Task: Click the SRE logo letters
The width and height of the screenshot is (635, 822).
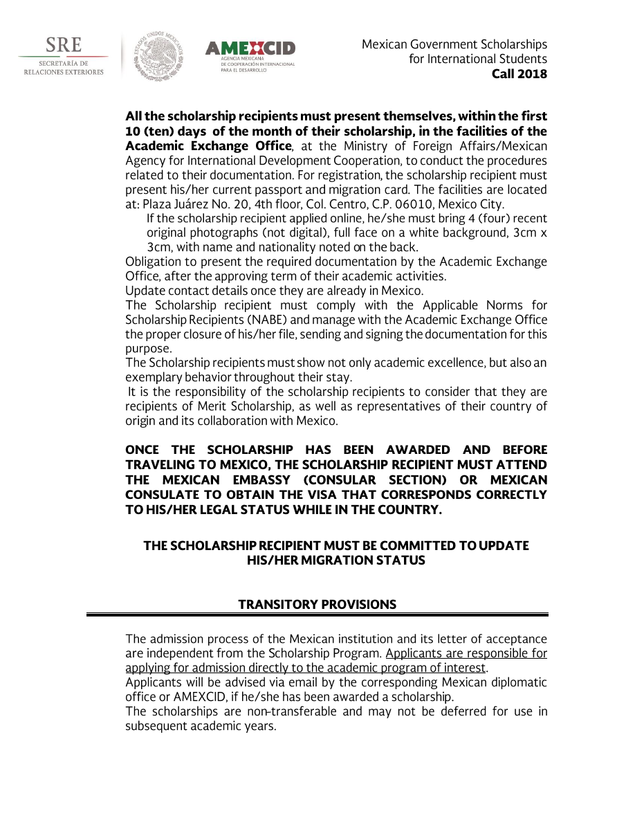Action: click(x=63, y=46)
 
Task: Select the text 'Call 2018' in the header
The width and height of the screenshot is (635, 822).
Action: click(x=519, y=74)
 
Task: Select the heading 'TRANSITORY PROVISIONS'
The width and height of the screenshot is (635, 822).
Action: click(x=317, y=605)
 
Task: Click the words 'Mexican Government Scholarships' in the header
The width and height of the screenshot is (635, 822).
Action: click(x=454, y=44)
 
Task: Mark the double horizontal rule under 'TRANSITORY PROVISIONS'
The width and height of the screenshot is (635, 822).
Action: click(x=317, y=614)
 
